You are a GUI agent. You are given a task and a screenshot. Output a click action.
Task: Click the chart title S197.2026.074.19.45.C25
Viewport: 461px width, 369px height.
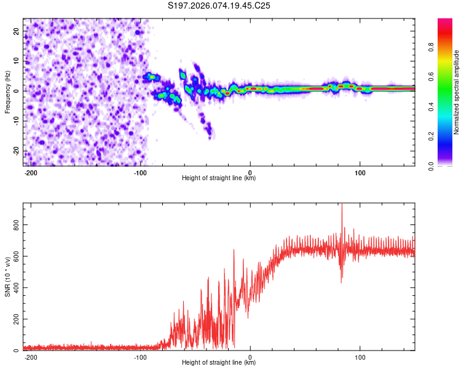point(219,6)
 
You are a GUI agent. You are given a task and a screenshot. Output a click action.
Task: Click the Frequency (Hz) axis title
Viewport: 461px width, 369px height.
point(7,92)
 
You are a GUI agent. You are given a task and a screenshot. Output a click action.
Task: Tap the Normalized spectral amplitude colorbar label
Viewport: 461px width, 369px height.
point(456,92)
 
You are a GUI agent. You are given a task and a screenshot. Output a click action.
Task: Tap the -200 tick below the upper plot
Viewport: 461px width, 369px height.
point(31,172)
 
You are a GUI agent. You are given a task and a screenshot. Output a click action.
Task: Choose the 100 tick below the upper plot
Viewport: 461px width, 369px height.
point(360,172)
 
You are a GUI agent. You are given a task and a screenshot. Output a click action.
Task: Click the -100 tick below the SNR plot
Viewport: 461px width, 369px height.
point(140,356)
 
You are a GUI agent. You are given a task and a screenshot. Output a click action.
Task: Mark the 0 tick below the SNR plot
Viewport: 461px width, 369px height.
point(250,356)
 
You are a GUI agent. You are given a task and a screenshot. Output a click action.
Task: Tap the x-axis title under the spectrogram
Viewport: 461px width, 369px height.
point(219,178)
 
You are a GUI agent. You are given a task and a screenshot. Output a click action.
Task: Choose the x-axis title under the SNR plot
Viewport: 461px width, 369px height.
point(219,362)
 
